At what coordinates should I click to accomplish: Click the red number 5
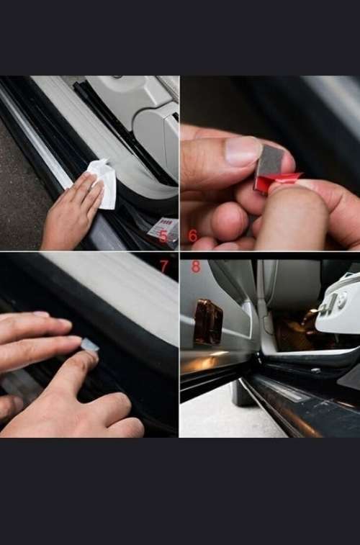(x=163, y=236)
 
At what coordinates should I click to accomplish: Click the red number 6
(x=192, y=235)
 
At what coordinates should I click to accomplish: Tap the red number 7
(x=164, y=266)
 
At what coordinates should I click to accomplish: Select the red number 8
(x=196, y=266)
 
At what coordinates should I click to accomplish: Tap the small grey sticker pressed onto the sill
(x=89, y=345)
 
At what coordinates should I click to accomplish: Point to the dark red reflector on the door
(x=208, y=321)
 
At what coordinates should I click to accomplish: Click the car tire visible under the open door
(x=240, y=393)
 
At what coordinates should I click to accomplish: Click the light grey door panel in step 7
(x=108, y=284)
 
